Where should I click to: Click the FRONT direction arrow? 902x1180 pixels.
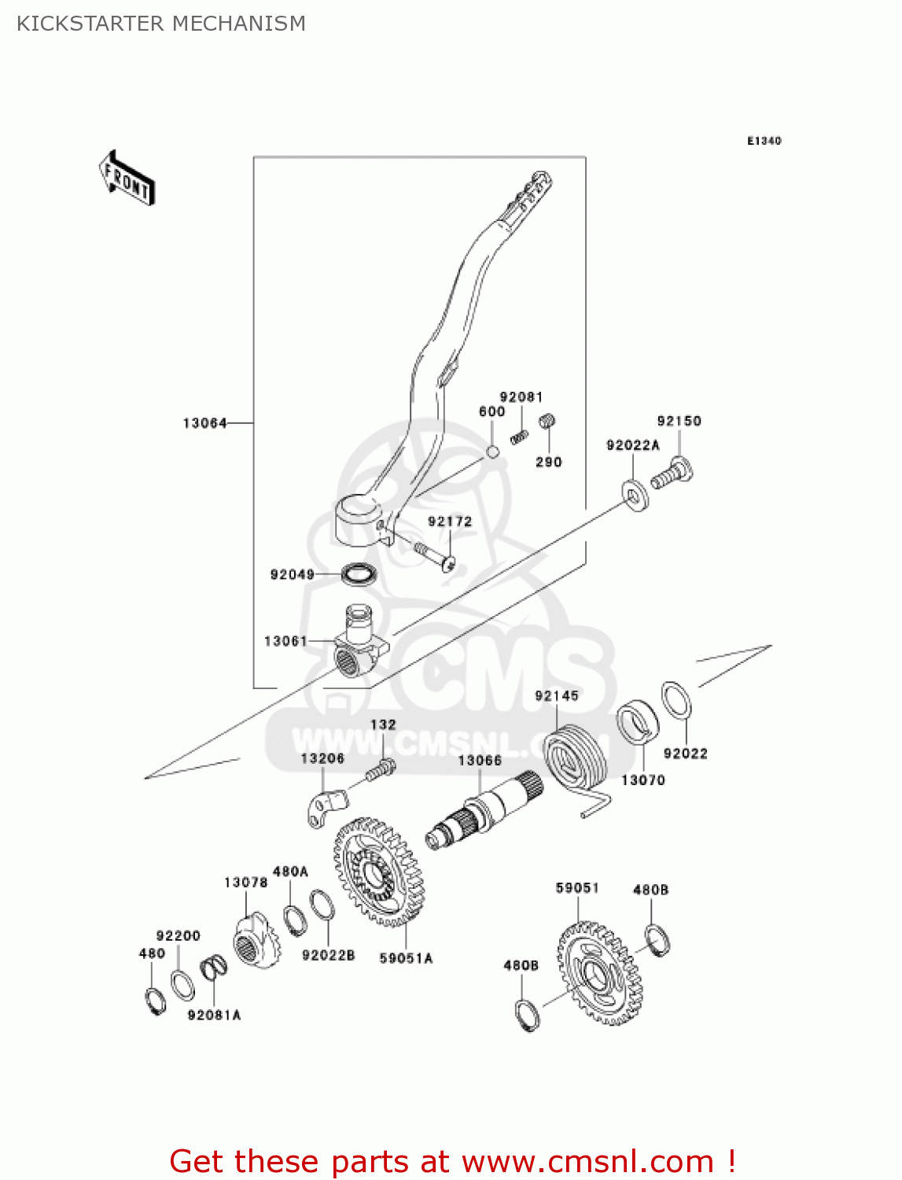pos(127,179)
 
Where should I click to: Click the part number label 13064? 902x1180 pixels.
pos(204,423)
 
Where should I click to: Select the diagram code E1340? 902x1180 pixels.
pos(764,141)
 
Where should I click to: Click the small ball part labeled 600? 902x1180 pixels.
pos(491,452)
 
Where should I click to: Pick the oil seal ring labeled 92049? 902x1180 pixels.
pos(359,573)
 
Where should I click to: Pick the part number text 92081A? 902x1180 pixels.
pos(214,1015)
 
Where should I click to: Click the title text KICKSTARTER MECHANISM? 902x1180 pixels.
pos(161,24)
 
